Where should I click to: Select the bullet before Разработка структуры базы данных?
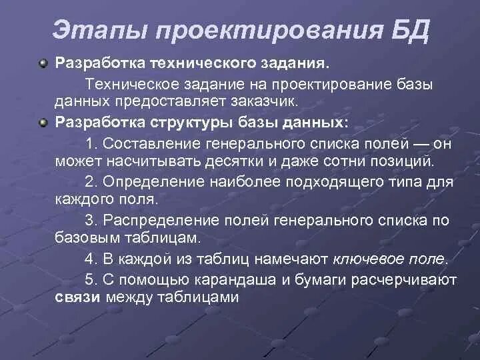click(43, 123)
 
